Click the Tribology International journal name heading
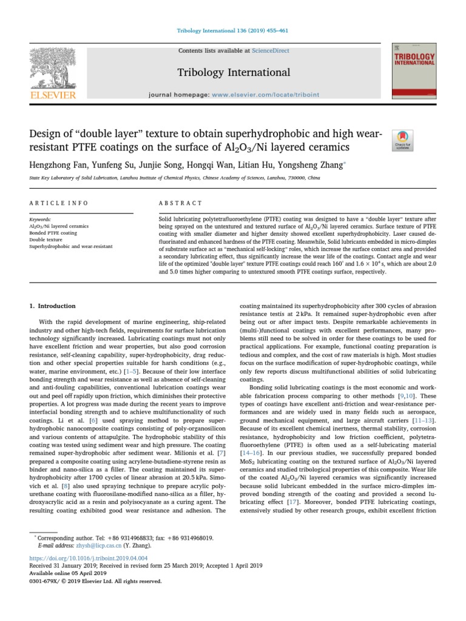click(x=233, y=73)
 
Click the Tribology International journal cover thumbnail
click(x=415, y=71)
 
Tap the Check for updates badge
click(x=404, y=139)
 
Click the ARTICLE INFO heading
click(x=59, y=203)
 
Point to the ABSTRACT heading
click(x=180, y=203)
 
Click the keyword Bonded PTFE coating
click(x=53, y=233)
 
